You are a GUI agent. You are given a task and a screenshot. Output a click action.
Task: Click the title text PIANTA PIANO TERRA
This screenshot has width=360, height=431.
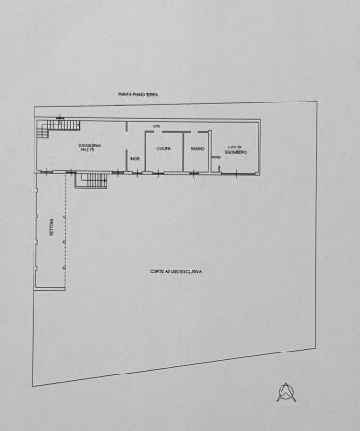139,95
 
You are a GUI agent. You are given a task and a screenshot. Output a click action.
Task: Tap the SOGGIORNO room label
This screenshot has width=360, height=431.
92,145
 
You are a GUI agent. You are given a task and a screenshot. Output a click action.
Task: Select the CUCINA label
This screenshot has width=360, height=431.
164,148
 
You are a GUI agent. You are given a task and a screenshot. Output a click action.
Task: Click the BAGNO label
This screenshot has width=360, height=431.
197,148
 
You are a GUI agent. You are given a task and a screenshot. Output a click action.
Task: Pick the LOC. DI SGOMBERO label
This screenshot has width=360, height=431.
236,149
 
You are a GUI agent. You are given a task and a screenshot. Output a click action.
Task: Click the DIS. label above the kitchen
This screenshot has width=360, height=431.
155,126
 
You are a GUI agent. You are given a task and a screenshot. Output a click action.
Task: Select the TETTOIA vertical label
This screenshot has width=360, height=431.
50,227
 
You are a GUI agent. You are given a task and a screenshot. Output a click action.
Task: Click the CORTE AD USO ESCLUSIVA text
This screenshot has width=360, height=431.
175,271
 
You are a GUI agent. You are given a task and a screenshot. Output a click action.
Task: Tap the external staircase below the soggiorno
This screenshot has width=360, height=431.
92,179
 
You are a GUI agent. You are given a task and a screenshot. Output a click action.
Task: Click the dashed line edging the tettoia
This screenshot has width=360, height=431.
67,230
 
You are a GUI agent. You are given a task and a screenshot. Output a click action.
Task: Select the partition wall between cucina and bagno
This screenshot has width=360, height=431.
183,151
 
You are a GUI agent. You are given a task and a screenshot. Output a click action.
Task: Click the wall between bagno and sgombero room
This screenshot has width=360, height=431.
210,151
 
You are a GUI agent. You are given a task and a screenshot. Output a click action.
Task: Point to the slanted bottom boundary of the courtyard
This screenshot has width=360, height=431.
172,366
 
